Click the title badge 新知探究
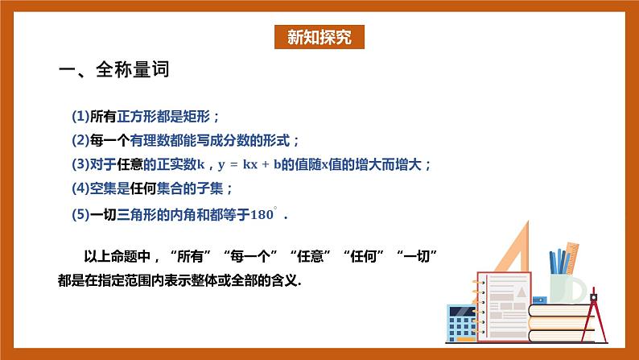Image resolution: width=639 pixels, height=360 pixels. (319, 37)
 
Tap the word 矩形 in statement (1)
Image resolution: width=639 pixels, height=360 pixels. (200, 116)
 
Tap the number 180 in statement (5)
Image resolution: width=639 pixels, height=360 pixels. (262, 215)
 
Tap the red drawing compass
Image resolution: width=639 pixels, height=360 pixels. (597, 306)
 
